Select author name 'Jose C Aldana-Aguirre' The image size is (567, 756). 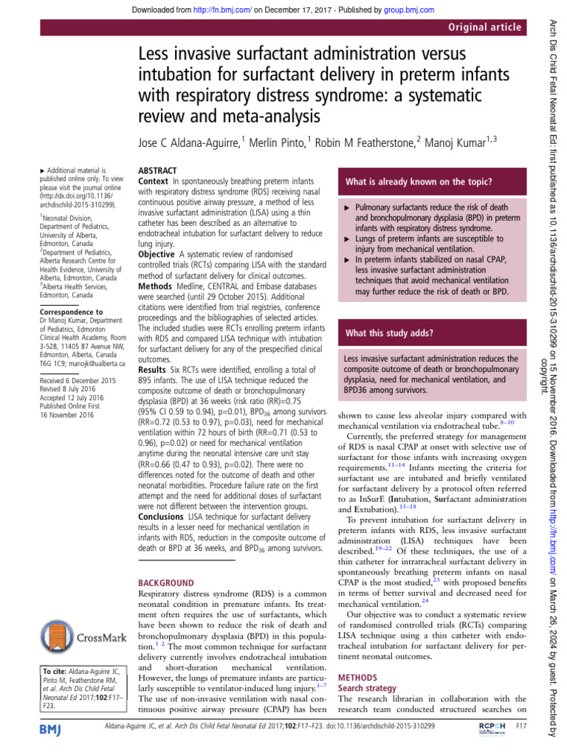tap(196, 142)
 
